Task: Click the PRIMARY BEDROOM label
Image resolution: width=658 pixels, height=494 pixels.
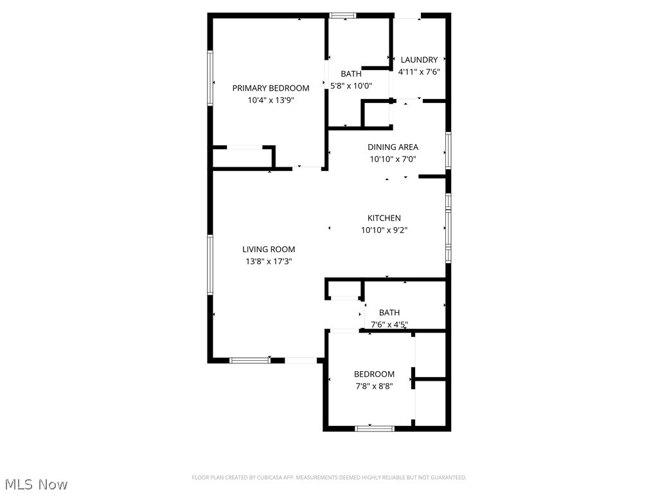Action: pos(271,88)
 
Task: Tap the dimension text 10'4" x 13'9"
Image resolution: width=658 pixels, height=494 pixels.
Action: pos(271,100)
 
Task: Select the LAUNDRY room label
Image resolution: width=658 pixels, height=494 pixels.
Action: pos(419,60)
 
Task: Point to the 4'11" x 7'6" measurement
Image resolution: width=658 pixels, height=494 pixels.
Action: pos(419,72)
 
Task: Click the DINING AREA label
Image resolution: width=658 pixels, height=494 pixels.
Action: pos(393,147)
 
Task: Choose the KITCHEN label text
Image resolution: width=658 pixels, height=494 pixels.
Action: pos(384,218)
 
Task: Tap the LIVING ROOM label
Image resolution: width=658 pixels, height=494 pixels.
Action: pos(269,250)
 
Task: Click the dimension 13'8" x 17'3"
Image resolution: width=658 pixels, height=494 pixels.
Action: pos(269,262)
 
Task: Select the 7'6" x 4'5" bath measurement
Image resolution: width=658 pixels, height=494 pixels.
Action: pos(389,325)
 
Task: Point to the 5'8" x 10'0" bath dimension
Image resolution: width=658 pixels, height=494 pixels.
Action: pos(351,86)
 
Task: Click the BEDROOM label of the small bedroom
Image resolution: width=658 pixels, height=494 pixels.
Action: pos(374,374)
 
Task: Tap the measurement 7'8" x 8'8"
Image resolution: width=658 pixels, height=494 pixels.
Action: pos(374,387)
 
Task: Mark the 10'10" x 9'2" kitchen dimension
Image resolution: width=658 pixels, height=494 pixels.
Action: pos(384,230)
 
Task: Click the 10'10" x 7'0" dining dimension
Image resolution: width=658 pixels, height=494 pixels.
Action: pos(393,160)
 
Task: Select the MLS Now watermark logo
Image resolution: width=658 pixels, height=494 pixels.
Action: pos(36,484)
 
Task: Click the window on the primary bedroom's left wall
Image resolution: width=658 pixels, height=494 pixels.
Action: pos(210,78)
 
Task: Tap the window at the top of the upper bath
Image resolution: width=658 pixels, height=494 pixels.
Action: pos(342,15)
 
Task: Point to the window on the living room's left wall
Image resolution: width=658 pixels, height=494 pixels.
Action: pos(210,265)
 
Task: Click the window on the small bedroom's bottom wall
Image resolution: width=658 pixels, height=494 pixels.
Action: pos(375,428)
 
